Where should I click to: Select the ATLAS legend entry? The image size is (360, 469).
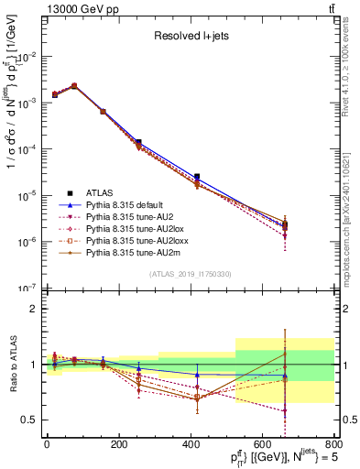coord(100,192)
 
